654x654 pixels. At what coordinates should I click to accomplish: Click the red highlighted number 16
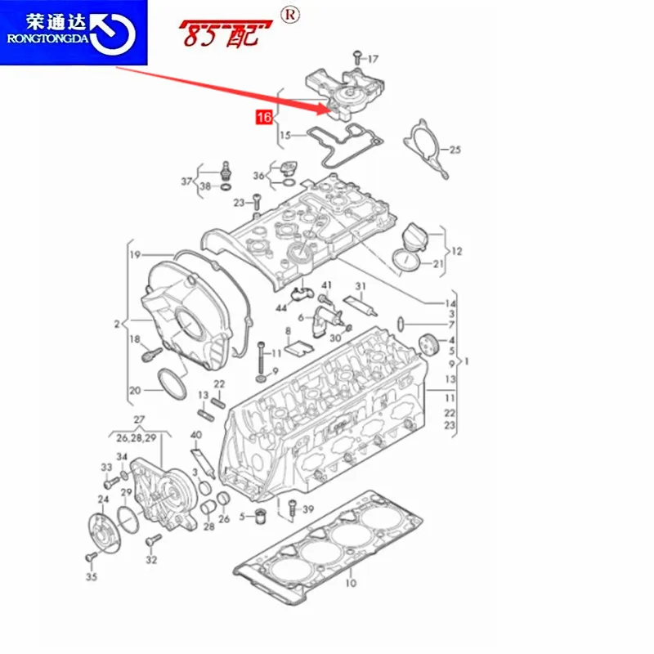click(x=263, y=119)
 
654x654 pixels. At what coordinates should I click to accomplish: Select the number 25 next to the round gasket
click(x=455, y=150)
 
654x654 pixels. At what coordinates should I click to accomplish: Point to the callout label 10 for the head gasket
click(x=351, y=583)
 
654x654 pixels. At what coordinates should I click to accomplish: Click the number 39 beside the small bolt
click(x=307, y=509)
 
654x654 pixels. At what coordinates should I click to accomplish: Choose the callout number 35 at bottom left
click(x=91, y=577)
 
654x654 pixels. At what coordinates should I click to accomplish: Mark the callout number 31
click(x=360, y=285)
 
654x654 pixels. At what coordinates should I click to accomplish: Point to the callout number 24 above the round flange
click(x=104, y=499)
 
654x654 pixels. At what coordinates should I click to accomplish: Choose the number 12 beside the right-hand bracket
click(x=456, y=251)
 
